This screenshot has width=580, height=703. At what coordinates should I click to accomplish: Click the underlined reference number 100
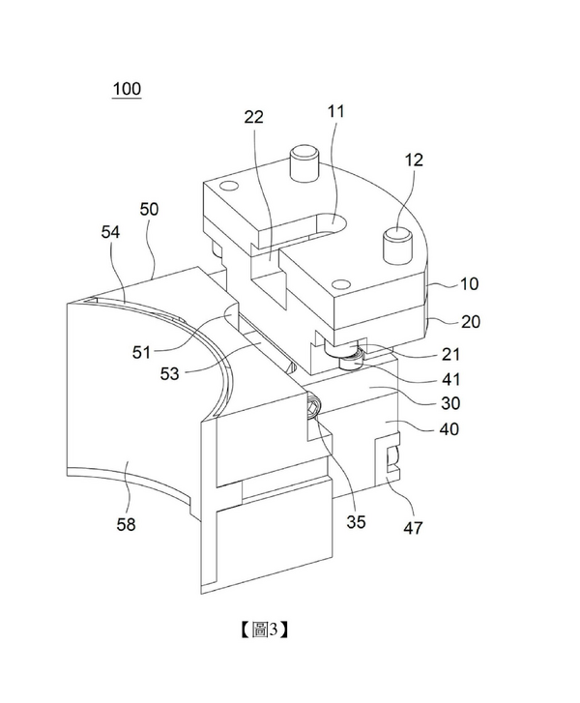(127, 89)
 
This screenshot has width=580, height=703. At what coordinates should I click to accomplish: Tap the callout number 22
(253, 117)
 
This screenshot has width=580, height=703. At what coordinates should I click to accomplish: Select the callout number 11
(335, 111)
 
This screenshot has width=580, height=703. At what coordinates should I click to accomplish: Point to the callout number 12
(414, 161)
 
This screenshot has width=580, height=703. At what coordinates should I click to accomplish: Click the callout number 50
(149, 209)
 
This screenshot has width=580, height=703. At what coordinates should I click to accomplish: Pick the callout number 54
(110, 232)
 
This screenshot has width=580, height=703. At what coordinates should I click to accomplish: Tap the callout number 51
(141, 352)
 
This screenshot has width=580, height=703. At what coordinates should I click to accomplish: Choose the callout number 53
(170, 373)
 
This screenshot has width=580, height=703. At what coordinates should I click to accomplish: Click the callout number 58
(126, 524)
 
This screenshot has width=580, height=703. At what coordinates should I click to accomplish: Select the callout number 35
(356, 522)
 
